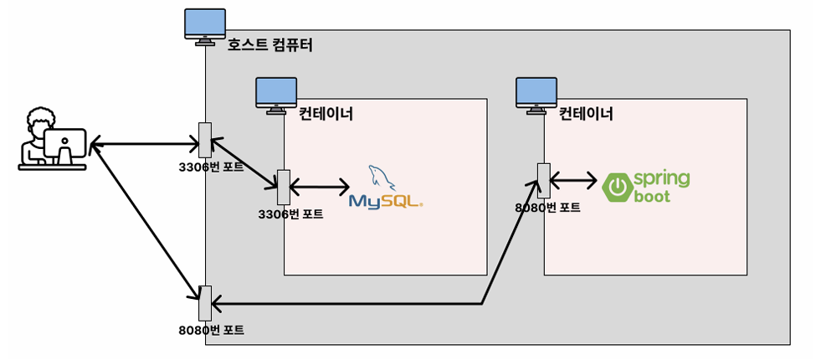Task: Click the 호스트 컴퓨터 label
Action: tap(269, 44)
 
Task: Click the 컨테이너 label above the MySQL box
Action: tap(326, 113)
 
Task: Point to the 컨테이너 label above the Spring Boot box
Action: tap(586, 113)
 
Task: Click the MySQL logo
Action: tap(385, 188)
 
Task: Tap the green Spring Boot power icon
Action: tap(616, 187)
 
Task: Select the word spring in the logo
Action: tap(661, 178)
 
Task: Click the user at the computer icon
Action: tap(53, 140)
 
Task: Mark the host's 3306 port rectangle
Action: tap(204, 140)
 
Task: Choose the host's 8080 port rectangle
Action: tap(204, 302)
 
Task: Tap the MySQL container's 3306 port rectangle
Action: tap(283, 187)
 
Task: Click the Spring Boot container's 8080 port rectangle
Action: tap(543, 179)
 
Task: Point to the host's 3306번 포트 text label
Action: tap(212, 166)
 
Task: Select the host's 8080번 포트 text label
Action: tap(212, 330)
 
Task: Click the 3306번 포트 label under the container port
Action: tap(291, 214)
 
